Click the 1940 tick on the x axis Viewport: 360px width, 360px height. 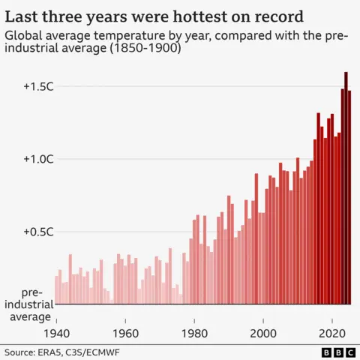pos(56,332)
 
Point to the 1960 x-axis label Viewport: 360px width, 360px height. pos(125,332)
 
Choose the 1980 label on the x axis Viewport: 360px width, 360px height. pos(194,332)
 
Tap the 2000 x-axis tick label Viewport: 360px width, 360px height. pos(263,332)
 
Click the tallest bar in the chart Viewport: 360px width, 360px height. pos(346,187)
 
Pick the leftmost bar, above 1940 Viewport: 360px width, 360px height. pos(56,289)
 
